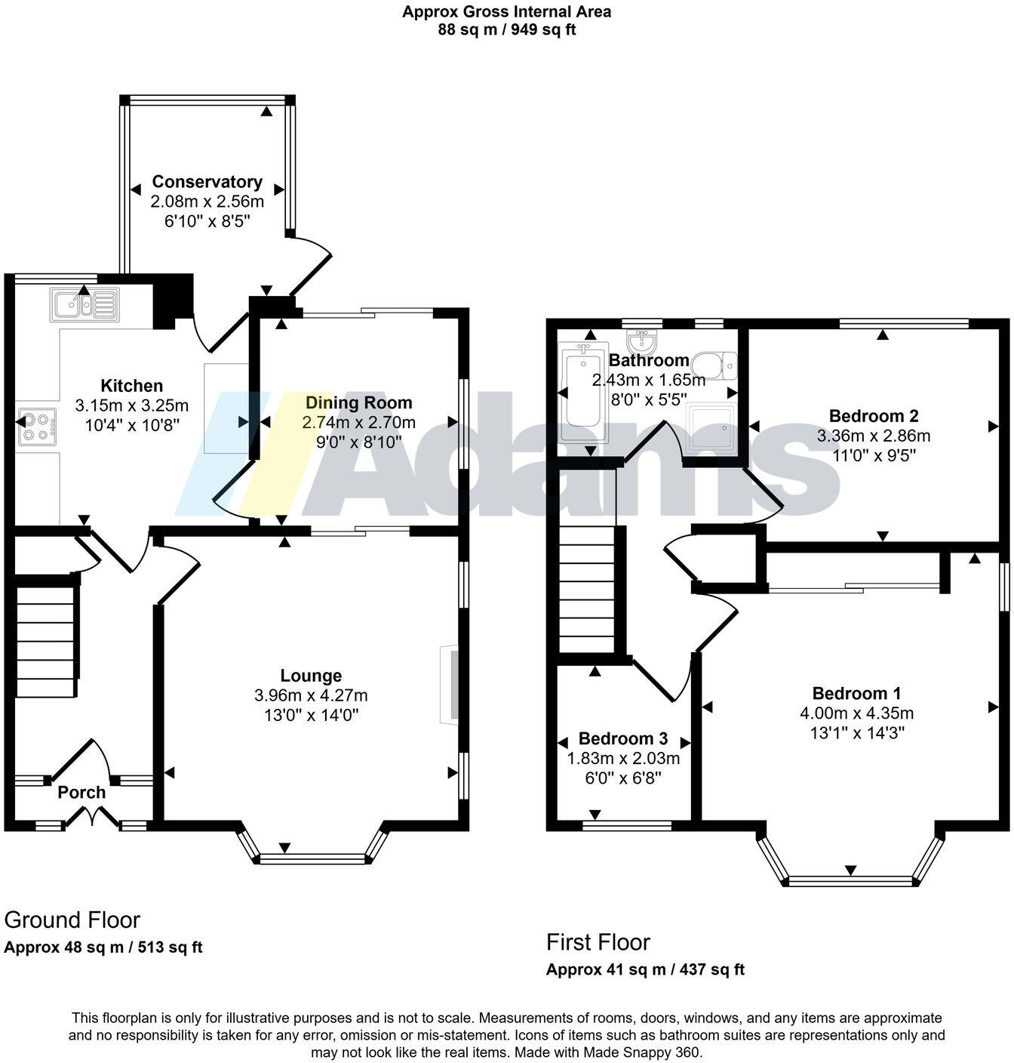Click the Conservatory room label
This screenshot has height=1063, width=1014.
point(207,182)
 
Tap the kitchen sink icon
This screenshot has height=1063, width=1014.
point(83,305)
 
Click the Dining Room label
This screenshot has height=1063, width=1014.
point(358,402)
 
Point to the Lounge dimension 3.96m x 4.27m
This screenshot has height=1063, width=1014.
point(312,695)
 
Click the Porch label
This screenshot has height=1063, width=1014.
point(81,793)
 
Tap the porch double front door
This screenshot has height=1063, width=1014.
point(91,817)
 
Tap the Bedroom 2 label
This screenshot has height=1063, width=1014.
point(874,416)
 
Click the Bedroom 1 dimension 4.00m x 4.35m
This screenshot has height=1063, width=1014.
point(856,713)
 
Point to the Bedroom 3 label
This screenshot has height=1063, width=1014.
point(623,738)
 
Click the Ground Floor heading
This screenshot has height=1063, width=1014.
point(72,920)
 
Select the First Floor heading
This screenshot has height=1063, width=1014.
point(598,942)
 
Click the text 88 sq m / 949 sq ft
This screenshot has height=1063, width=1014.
point(506,30)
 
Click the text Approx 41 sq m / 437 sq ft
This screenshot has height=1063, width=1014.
point(645,970)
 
